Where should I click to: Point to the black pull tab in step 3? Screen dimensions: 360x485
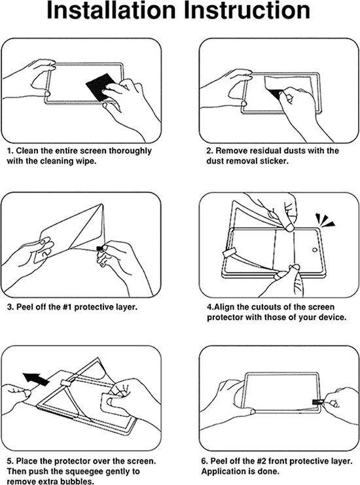(x=100, y=248)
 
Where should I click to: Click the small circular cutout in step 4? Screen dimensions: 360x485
(x=315, y=249)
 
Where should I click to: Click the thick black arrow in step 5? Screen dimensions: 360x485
(x=36, y=378)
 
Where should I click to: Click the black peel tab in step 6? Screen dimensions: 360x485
(x=316, y=402)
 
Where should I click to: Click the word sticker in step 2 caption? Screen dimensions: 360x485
(x=274, y=161)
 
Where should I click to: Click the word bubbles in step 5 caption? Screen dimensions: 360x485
(x=77, y=481)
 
